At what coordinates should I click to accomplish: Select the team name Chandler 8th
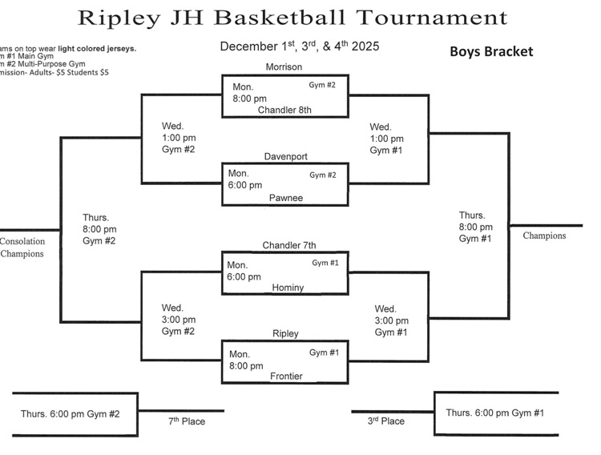[x=284, y=110]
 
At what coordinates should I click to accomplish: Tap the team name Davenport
[x=285, y=156]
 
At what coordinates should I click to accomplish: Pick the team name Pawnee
[x=286, y=198]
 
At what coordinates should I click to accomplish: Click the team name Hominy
[x=288, y=287]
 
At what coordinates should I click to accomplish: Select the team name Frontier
[x=286, y=375]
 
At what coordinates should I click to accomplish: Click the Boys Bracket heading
[x=491, y=51]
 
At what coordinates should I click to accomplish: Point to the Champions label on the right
[x=544, y=236]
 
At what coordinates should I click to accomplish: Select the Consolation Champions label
[x=22, y=247]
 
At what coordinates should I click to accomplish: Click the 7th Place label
[x=186, y=421]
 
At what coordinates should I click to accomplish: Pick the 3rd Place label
[x=385, y=421]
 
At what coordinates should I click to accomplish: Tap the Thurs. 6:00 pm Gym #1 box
[x=494, y=413]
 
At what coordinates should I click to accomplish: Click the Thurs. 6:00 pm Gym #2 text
[x=70, y=413]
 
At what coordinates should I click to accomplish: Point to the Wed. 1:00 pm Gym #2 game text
[x=178, y=138]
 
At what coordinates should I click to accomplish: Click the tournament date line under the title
[x=299, y=46]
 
